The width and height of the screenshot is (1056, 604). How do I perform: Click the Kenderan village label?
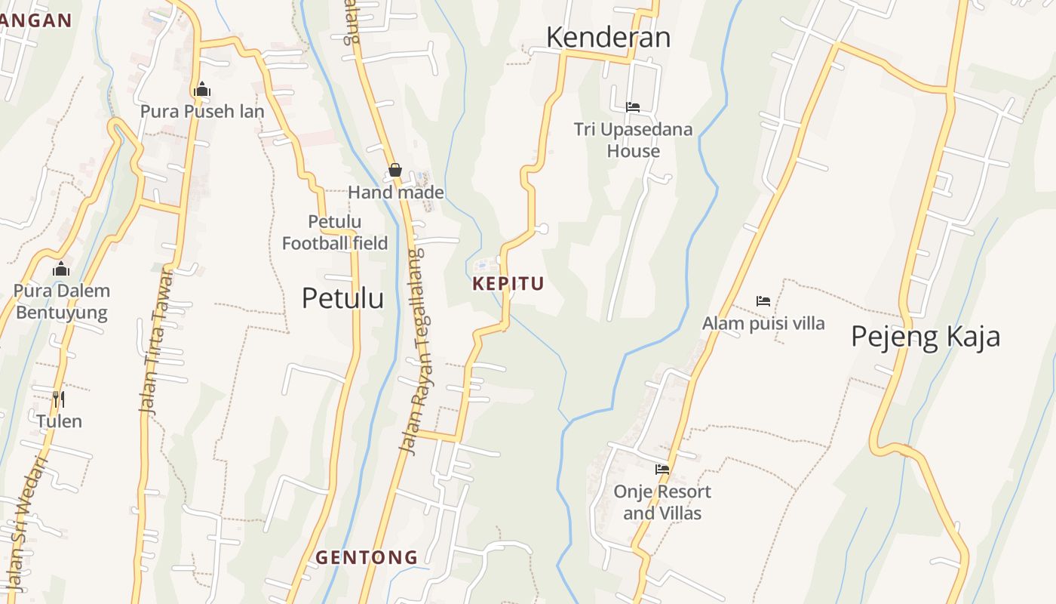click(x=608, y=37)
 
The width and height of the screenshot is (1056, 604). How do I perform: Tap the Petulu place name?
click(x=342, y=298)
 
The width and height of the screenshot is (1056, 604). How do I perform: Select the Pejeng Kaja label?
click(x=926, y=336)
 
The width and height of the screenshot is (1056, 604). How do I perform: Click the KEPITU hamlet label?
click(x=508, y=285)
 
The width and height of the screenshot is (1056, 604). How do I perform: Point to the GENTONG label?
click(x=367, y=558)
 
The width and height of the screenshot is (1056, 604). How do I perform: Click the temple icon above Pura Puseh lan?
click(x=201, y=90)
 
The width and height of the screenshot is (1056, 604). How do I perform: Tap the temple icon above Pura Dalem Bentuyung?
click(x=61, y=269)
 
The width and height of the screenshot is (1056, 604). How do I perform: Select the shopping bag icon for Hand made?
click(x=394, y=171)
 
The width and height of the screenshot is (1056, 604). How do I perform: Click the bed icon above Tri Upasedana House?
click(x=633, y=107)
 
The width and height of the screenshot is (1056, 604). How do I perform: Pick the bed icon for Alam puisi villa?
click(x=763, y=301)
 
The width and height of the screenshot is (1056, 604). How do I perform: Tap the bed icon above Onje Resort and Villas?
click(x=662, y=469)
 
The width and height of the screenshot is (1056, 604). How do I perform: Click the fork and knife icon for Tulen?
click(x=58, y=398)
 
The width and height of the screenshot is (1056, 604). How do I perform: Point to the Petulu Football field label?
click(x=335, y=233)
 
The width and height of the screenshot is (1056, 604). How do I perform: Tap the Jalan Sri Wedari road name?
click(x=27, y=521)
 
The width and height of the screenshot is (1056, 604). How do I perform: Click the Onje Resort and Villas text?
click(x=662, y=503)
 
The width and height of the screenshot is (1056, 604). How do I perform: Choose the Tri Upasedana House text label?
click(x=633, y=140)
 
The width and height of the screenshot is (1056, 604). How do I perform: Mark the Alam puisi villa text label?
click(x=763, y=324)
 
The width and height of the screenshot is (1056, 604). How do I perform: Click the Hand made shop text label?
click(x=395, y=193)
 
